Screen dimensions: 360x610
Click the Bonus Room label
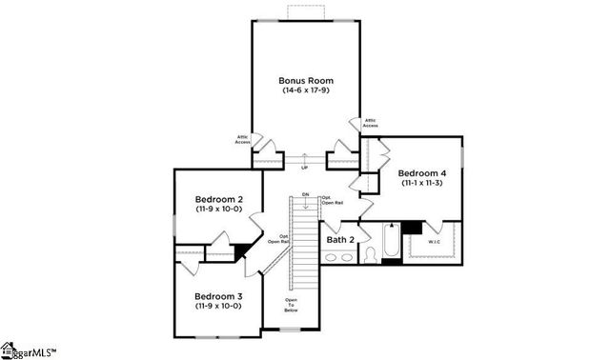pos(305,81)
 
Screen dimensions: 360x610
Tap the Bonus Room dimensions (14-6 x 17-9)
pos(305,91)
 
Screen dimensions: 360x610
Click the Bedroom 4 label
pos(419,171)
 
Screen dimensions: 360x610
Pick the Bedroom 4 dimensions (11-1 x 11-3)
pos(419,182)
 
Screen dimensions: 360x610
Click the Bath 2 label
pos(339,239)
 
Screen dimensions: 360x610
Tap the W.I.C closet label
pos(434,242)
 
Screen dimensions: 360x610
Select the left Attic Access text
pos(244,139)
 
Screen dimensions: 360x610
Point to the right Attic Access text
pos(370,123)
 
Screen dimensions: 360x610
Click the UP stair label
pos(305,169)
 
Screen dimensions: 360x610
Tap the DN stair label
pos(306,194)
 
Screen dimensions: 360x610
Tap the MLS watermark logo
pos(29,350)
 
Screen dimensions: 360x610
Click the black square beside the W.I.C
pos(412,229)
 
